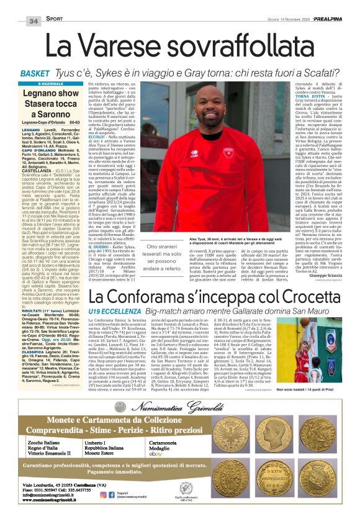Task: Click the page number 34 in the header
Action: pos(34,20)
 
